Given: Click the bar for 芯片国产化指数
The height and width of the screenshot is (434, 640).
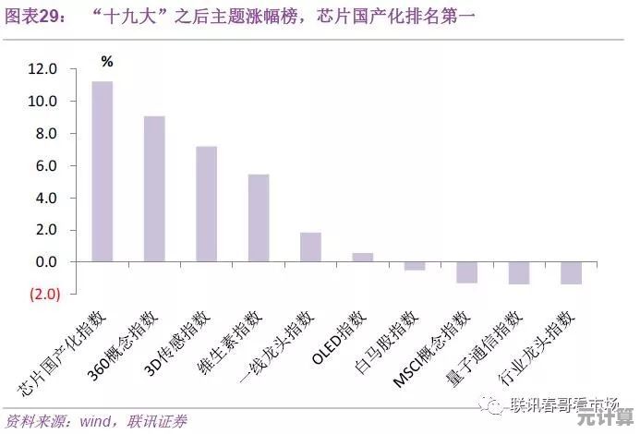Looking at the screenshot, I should [x=102, y=172].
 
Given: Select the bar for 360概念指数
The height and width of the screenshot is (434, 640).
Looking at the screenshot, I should [x=154, y=189].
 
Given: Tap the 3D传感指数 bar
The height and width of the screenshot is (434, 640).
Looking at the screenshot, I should [x=206, y=204].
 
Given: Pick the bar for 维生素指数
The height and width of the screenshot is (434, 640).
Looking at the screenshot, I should [x=259, y=218].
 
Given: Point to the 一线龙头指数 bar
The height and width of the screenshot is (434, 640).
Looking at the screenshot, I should [x=310, y=247].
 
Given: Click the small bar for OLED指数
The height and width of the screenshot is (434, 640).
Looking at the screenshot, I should [x=363, y=258].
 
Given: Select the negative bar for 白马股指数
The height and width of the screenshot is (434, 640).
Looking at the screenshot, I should [x=415, y=266].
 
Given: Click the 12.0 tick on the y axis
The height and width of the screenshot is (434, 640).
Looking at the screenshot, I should [x=42, y=69].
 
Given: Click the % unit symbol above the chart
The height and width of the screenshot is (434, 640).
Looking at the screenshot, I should [x=107, y=62].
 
